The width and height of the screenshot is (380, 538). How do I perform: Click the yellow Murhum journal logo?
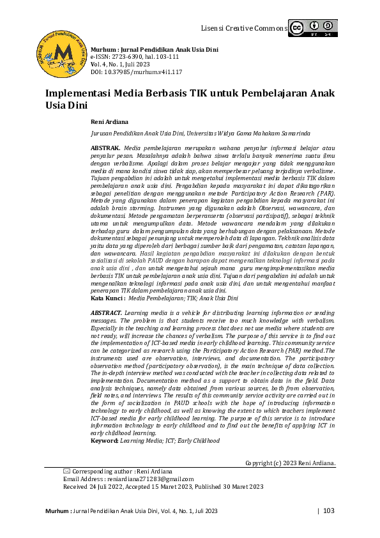click(x=62, y=50)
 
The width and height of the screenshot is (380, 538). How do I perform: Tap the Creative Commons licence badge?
click(x=312, y=28)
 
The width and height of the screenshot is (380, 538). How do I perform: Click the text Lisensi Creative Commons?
click(x=243, y=29)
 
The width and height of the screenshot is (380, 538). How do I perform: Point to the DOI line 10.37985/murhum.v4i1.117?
click(x=132, y=72)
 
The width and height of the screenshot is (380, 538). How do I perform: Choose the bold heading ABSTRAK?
click(x=105, y=148)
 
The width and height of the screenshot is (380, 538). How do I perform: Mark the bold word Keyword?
click(x=105, y=441)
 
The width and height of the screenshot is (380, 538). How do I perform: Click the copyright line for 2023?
click(x=291, y=463)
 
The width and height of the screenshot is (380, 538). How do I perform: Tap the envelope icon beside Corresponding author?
click(x=67, y=471)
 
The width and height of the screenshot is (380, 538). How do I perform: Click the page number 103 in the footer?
click(x=329, y=511)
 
